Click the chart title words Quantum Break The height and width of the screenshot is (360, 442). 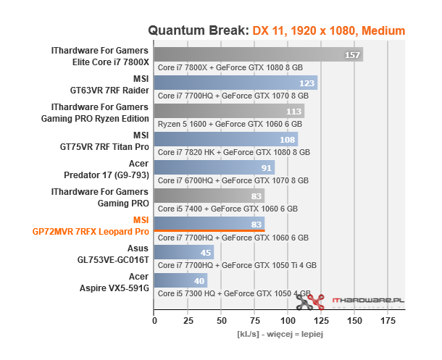click(x=198, y=30)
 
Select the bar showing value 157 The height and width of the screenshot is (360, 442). click(x=258, y=54)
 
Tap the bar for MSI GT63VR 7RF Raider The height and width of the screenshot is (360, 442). click(x=235, y=83)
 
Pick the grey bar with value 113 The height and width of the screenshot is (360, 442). click(x=229, y=111)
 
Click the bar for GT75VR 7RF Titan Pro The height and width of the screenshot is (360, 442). click(x=225, y=139)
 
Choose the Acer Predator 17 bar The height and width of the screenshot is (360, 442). click(x=214, y=167)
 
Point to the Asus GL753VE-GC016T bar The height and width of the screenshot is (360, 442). click(x=184, y=252)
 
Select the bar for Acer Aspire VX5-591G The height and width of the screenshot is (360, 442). click(x=180, y=280)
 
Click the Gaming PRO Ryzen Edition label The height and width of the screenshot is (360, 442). click(x=98, y=119)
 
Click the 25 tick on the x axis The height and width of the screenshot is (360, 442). click(x=188, y=319)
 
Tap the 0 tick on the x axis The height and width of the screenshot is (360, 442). click(x=154, y=319)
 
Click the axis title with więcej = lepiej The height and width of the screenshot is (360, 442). click(x=279, y=335)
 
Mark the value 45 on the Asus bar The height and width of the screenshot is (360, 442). click(x=206, y=253)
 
